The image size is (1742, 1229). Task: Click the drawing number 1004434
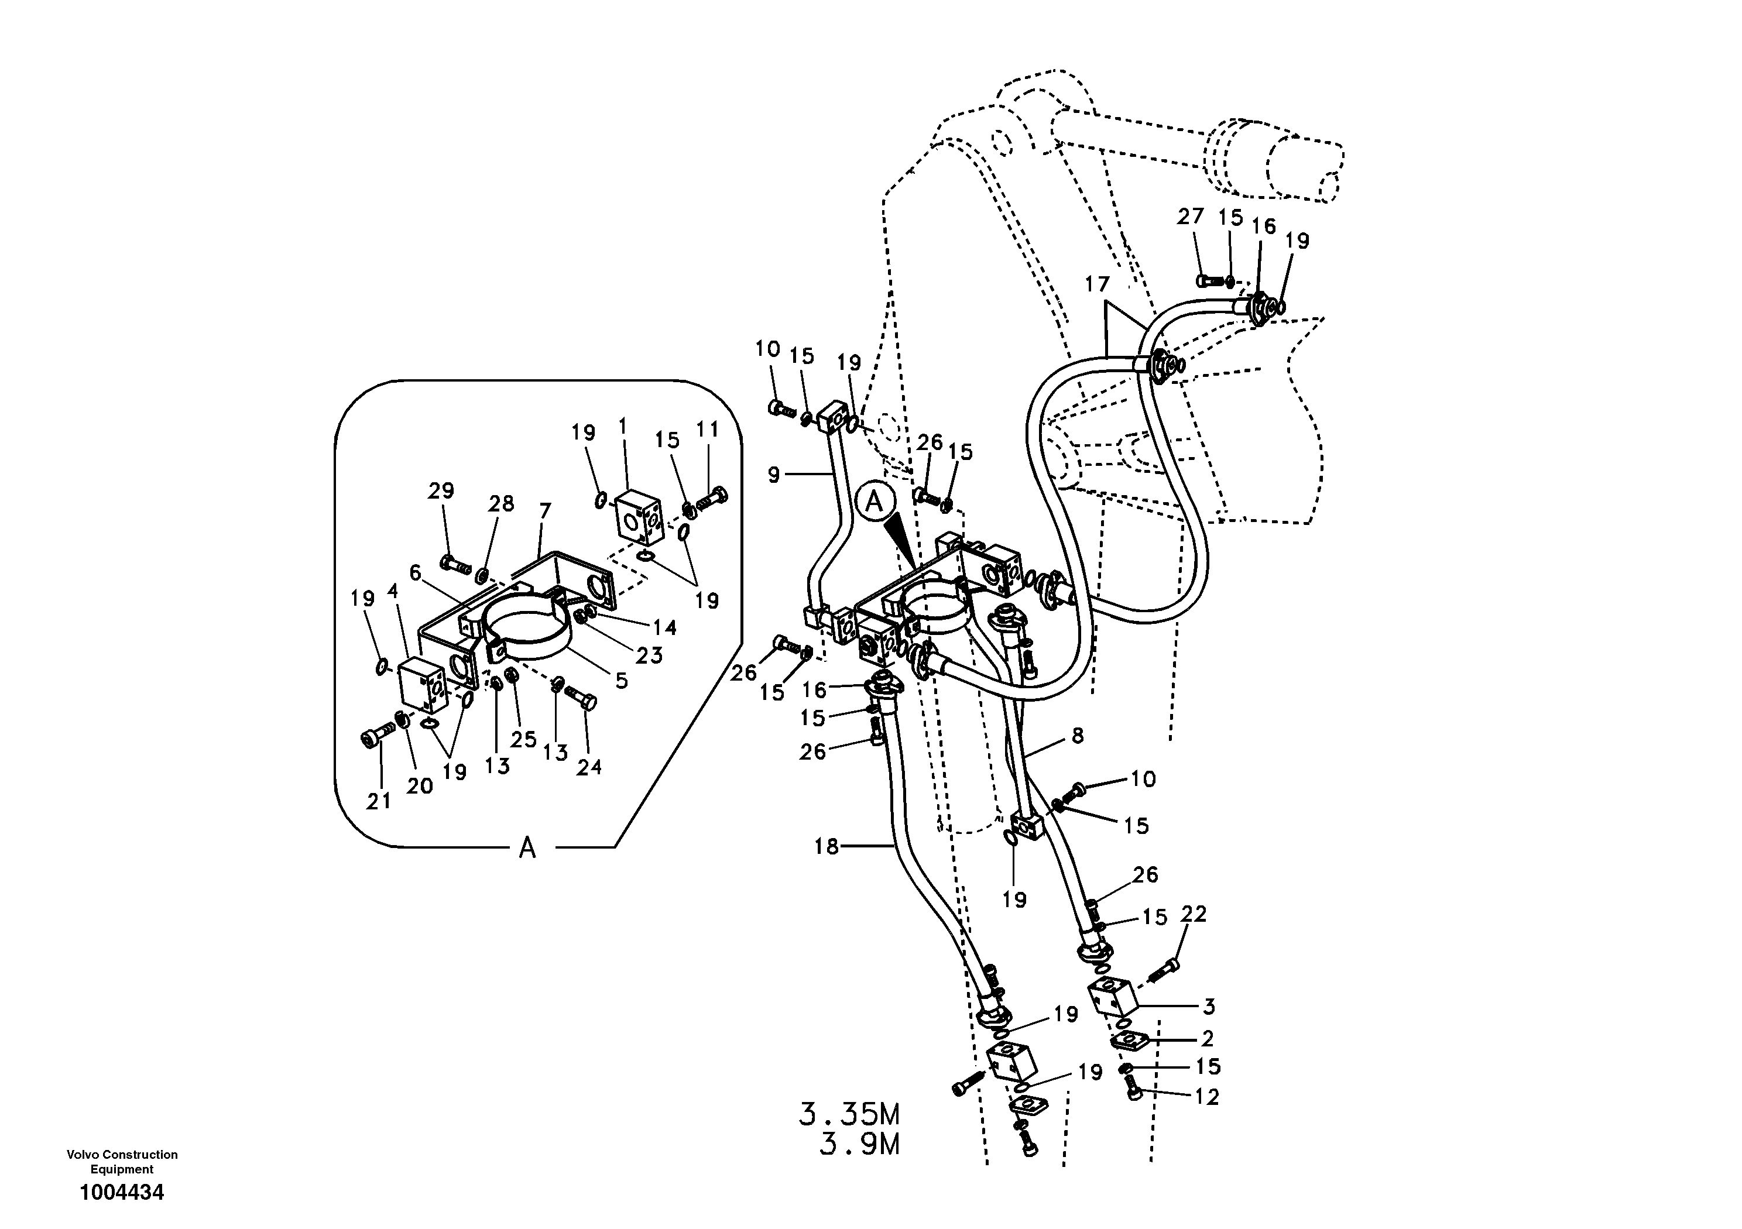point(121,1193)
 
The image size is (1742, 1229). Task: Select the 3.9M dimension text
point(859,1145)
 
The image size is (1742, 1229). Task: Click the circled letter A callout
point(874,502)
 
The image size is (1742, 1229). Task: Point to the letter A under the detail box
point(527,847)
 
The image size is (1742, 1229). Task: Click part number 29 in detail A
point(441,491)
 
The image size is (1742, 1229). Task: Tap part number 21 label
point(379,801)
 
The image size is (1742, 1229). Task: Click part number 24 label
point(589,767)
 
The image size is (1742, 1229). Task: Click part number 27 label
point(1191,217)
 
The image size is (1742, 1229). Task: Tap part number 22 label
point(1193,914)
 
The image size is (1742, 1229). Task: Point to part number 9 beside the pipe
point(773,475)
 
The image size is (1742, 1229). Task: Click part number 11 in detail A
point(707,430)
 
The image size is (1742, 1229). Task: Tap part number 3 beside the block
point(1209,1007)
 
